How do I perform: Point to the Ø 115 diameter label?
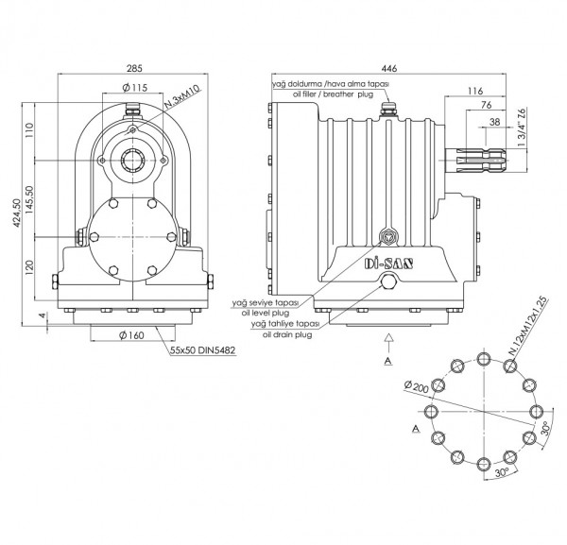point(138,88)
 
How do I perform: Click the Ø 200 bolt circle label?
point(417,387)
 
